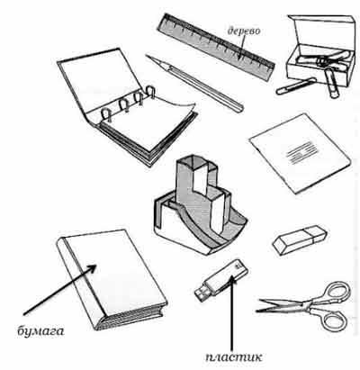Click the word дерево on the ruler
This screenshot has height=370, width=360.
244,31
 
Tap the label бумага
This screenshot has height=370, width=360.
40,331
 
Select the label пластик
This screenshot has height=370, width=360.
234,357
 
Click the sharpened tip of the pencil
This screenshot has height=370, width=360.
148,56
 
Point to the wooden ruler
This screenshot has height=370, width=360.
216,47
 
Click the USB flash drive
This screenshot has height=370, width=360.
221,280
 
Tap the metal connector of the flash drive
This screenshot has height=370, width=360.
202,293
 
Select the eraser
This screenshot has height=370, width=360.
300,240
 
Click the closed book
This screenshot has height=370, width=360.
112,280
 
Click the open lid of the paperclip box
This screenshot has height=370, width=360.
321,30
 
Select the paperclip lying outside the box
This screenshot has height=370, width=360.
295,86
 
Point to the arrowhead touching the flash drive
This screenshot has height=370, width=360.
231,276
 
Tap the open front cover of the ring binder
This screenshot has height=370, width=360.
99,81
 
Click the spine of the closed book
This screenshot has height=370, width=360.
80,282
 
